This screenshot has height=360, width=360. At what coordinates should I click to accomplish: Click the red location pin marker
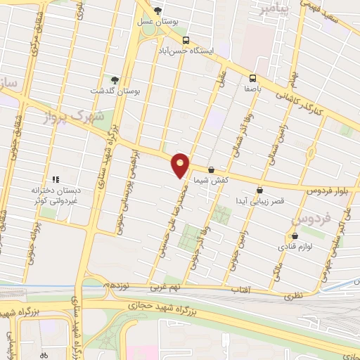181,165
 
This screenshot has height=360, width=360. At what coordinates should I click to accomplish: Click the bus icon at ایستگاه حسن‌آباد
186,41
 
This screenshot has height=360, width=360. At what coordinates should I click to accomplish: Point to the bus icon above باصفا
252,79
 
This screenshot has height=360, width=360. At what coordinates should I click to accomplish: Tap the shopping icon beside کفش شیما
211,169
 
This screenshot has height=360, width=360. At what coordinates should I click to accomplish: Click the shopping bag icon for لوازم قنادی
294,236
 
